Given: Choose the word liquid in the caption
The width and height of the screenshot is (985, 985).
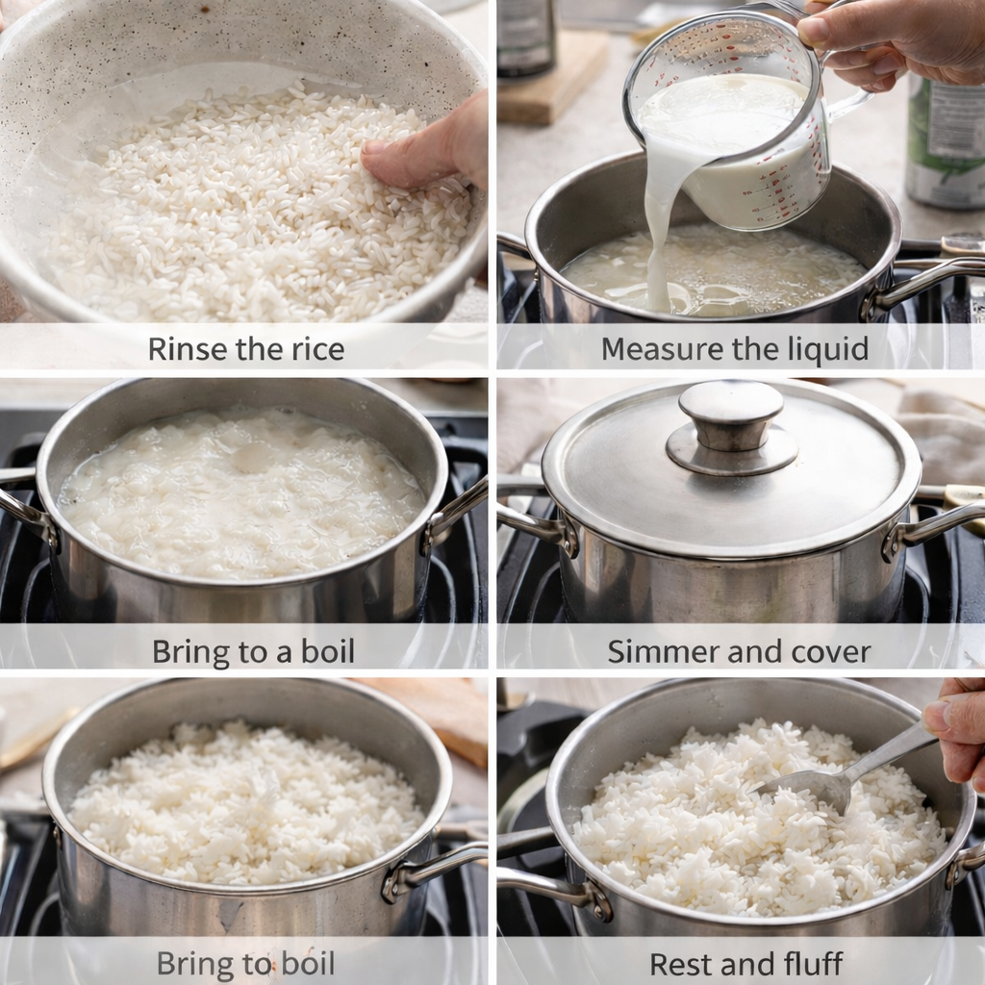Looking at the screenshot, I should [x=825, y=349].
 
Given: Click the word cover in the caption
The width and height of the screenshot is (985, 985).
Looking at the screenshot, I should [x=831, y=651].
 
